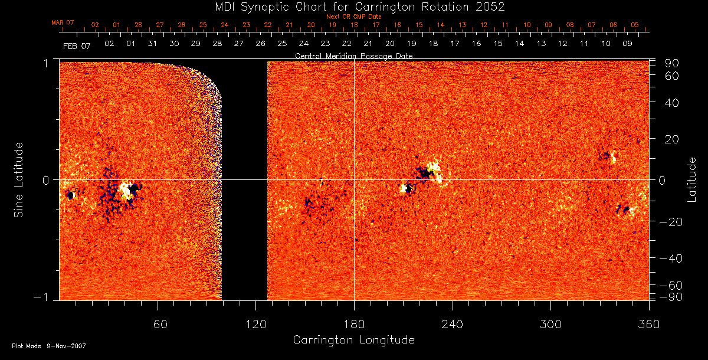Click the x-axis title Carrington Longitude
pos(353,340)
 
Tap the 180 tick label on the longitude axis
pos(354,324)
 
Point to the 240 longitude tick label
pos(452,324)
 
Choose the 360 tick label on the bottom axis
pos(648,324)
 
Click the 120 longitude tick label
pos(255,324)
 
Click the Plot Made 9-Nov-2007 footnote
pos(49,346)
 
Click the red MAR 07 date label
pos(63,22)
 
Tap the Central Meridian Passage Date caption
pos(353,55)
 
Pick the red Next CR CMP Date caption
pos(354,17)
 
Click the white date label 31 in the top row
pos(152,44)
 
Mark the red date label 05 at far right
pos(634,25)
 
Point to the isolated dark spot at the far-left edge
pos(70,195)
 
